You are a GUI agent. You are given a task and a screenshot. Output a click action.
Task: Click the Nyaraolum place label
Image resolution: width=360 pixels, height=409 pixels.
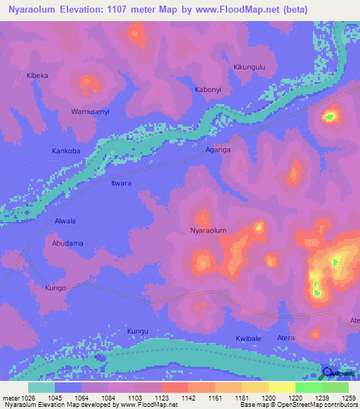(208, 231)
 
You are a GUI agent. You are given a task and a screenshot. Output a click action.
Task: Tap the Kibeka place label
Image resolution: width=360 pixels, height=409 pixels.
(37, 75)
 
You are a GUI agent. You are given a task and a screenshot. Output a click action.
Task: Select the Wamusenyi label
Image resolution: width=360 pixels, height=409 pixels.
(91, 112)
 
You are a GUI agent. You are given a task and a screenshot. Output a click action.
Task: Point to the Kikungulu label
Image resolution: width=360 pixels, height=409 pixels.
(250, 67)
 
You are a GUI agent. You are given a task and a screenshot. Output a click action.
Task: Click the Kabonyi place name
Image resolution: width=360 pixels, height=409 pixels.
(208, 90)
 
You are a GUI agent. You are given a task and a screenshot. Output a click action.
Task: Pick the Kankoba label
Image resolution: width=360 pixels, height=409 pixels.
(67, 151)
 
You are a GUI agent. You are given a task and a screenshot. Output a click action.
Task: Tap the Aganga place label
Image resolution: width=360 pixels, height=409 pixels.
(217, 150)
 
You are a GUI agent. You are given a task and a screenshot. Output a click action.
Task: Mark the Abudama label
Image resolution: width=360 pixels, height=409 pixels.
(67, 243)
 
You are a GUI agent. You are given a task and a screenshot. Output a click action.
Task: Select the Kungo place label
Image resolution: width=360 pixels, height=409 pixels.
(56, 288)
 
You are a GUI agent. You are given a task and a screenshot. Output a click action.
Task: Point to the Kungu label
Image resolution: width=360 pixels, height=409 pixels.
(139, 330)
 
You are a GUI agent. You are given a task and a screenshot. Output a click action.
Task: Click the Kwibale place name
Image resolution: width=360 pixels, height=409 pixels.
(248, 339)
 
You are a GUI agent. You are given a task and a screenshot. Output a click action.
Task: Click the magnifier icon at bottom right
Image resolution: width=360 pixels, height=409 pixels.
(327, 373)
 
